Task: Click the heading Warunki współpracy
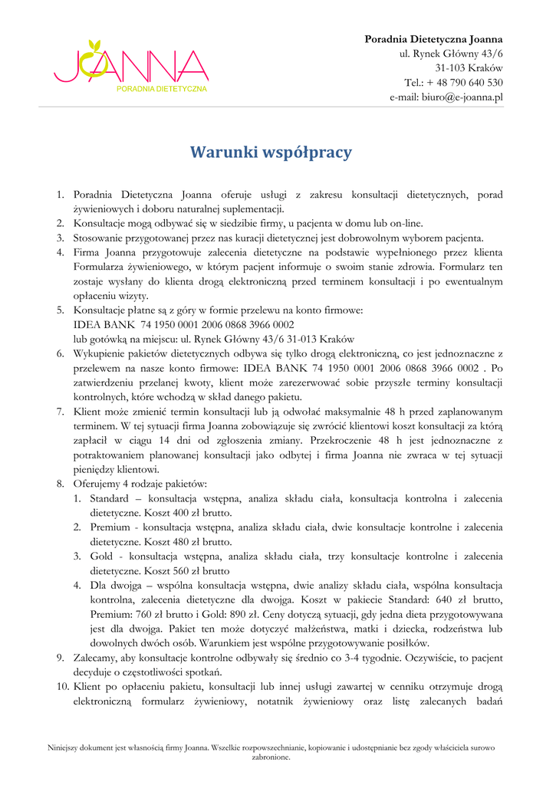(271, 152)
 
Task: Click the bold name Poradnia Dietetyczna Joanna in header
(433, 39)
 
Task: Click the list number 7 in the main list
(60, 412)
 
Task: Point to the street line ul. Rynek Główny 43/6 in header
(451, 54)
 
